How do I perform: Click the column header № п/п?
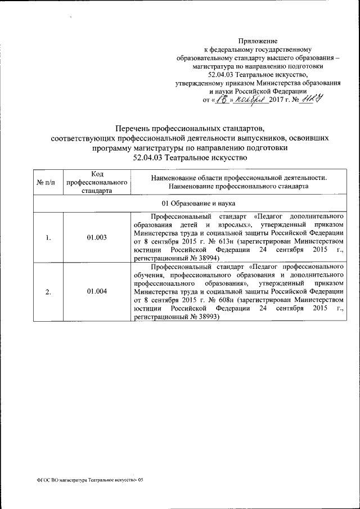pos(48,182)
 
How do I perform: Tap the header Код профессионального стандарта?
pos(97,182)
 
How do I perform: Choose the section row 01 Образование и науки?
pos(195,202)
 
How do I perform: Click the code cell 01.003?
pos(97,237)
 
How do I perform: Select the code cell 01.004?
pos(97,291)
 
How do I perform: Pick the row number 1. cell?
pos(48,237)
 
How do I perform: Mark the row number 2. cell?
pos(48,291)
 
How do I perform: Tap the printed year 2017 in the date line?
pos(278,100)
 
